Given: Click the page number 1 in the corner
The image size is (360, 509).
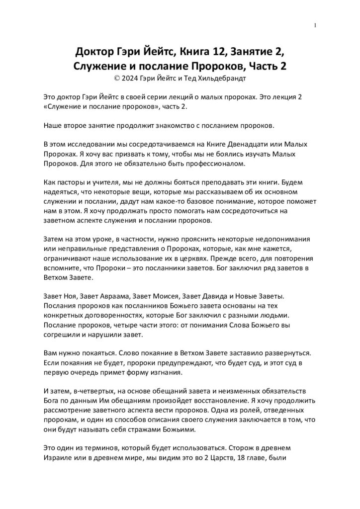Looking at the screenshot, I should click(x=316, y=26).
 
